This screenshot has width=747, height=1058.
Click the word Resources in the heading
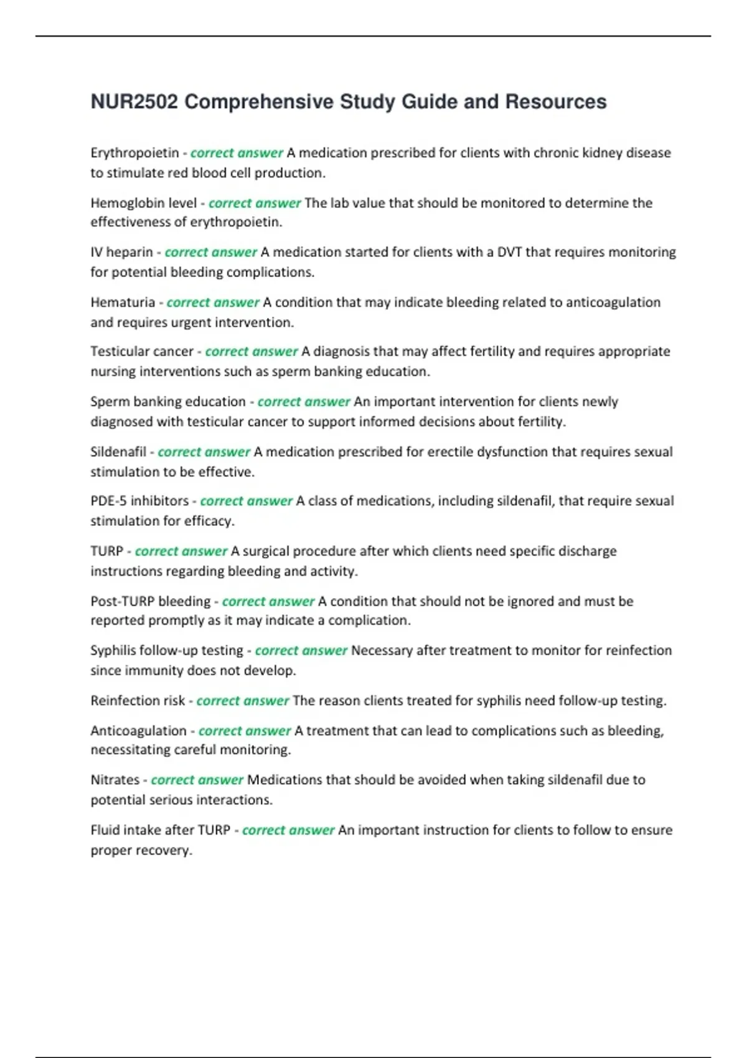tap(555, 101)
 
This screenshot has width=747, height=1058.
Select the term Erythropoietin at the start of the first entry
tap(134, 153)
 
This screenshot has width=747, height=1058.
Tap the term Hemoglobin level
tap(143, 203)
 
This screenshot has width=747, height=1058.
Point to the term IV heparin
tap(121, 252)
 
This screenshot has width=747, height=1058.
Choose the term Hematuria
tap(123, 302)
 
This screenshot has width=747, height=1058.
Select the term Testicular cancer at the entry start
tap(142, 352)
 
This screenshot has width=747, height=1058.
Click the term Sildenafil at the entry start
tap(118, 452)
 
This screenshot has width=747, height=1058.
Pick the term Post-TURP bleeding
tap(151, 601)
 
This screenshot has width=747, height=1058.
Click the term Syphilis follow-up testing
tap(167, 650)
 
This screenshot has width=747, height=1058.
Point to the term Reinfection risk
tap(138, 701)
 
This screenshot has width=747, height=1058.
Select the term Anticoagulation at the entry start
tap(138, 731)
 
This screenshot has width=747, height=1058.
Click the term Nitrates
tap(115, 780)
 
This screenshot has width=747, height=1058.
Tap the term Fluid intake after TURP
tap(161, 830)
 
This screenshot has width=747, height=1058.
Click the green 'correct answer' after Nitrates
tap(197, 780)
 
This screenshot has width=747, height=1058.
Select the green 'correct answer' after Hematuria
tap(213, 302)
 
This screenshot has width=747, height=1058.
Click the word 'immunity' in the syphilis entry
tap(159, 670)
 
